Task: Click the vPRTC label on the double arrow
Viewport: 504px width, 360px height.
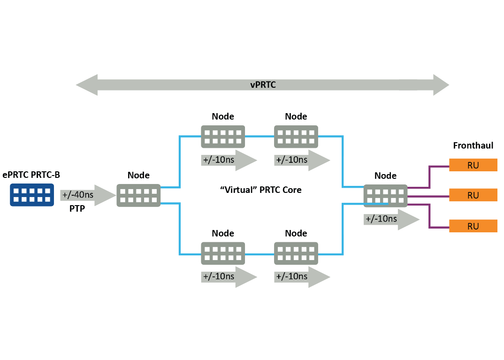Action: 262,85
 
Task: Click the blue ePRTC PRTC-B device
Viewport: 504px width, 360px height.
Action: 32,195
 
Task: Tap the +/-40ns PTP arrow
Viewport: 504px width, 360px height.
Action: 87,195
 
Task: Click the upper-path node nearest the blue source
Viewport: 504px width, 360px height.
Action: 223,137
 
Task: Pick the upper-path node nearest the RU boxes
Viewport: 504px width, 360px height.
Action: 296,137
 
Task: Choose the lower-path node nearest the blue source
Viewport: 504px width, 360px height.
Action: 223,253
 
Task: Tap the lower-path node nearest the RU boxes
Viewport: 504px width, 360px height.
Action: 296,253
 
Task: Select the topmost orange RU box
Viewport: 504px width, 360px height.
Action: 473,165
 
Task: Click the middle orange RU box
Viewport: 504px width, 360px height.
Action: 473,195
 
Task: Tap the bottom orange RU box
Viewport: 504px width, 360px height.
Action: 473,226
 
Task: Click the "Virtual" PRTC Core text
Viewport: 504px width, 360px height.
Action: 261,190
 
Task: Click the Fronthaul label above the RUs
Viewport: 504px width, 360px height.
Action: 473,146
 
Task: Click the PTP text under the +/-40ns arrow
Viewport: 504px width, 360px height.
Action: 77,208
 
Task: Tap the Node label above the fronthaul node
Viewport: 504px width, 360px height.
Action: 385,176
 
